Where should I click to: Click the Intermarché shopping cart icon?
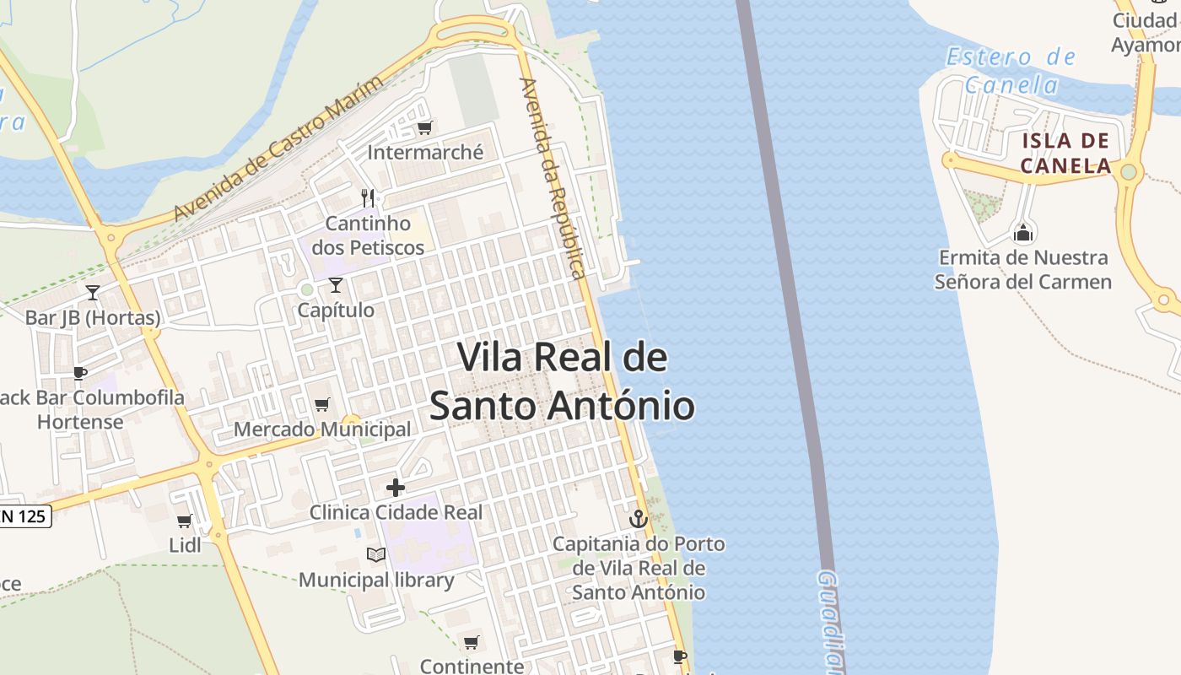coord(424,128)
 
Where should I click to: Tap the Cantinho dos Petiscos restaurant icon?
coord(367,198)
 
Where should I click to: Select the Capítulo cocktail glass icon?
coord(336,285)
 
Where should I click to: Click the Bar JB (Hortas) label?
coord(93,318)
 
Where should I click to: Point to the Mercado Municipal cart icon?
coord(321,405)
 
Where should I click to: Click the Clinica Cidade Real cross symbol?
coord(395,488)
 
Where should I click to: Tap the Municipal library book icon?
coord(376,555)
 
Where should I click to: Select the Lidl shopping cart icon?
coord(184,521)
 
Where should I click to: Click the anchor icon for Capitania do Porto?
coord(639,518)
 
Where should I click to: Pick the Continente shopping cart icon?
coord(472,643)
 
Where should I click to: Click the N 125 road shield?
coord(25,516)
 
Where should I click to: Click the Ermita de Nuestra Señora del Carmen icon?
coord(1023,232)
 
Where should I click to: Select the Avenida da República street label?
coord(553,178)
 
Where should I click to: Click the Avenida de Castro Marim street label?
coord(278,148)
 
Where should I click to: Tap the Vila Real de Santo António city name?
coord(563,381)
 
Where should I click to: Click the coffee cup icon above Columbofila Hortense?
coord(80,373)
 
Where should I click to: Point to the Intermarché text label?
coord(425,153)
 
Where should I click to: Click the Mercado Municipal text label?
coord(322,429)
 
